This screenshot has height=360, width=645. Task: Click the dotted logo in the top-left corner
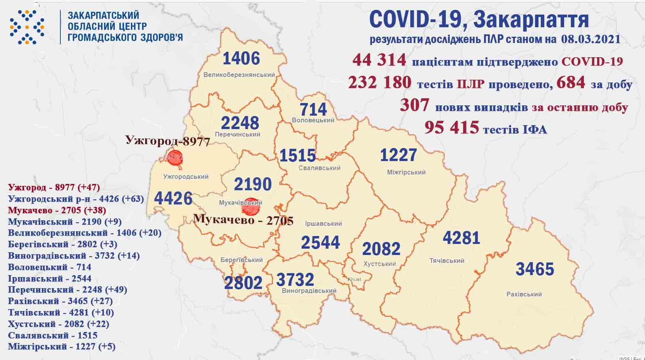tap(27, 27)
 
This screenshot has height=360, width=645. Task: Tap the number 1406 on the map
tap(241, 59)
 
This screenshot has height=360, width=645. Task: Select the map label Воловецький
tap(313, 120)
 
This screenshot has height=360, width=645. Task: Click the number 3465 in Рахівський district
tap(535, 269)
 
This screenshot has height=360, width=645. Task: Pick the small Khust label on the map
tap(354, 279)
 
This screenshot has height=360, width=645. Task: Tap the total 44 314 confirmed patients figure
tap(379, 60)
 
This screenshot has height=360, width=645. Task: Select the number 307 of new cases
tap(414, 105)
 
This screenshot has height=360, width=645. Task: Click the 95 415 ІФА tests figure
tap(451, 127)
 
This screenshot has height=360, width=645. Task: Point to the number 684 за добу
tap(570, 82)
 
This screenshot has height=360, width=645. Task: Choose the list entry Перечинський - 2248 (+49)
tap(67, 290)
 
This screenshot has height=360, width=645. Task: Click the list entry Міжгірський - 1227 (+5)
tap(62, 347)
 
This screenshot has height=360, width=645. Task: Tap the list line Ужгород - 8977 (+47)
tap(54, 187)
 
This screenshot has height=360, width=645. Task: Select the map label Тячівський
tap(447, 261)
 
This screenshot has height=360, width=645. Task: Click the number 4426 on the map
tap(173, 198)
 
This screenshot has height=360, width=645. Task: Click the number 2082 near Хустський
tap(381, 249)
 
